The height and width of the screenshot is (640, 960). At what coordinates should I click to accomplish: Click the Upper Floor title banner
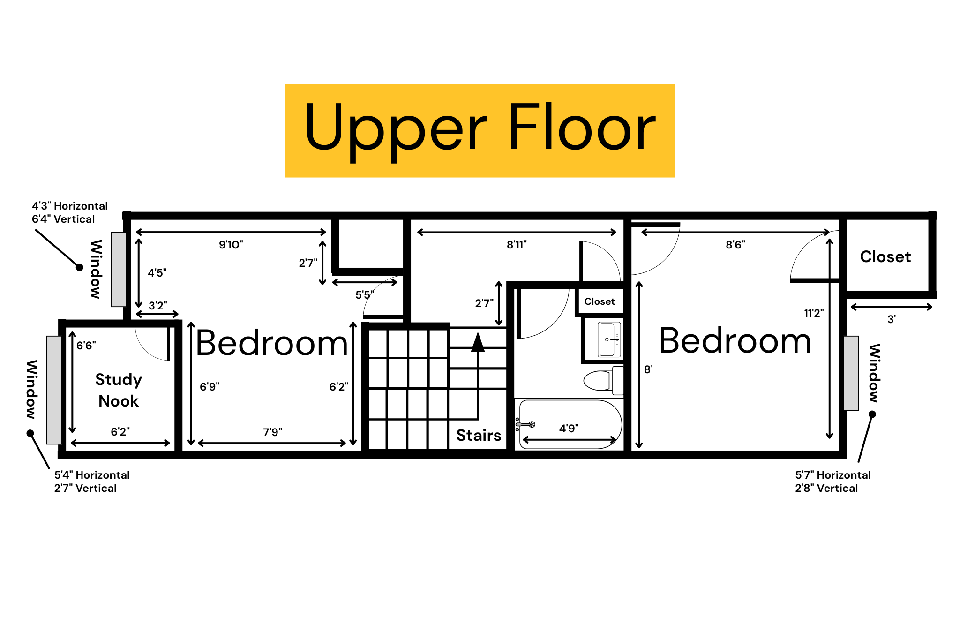(x=480, y=130)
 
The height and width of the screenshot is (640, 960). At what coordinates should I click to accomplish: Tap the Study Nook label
(x=119, y=390)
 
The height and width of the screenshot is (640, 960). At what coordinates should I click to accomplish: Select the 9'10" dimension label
(x=231, y=245)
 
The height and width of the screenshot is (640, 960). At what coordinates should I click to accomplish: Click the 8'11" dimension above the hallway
(x=517, y=245)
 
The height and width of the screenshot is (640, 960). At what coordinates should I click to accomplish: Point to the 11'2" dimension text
(x=814, y=313)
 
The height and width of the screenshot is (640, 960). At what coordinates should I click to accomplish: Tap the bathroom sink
(x=609, y=339)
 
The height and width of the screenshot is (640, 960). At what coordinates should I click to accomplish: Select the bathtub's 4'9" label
(x=569, y=428)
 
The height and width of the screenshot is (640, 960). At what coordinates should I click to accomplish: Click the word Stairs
(x=479, y=435)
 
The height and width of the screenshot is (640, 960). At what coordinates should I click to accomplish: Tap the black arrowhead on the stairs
(x=478, y=342)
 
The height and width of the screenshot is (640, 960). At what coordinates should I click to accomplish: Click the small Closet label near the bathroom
(x=600, y=301)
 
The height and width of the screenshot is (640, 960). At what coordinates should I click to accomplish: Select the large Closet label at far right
(x=885, y=257)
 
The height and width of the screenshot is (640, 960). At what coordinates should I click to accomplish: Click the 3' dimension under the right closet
(x=891, y=319)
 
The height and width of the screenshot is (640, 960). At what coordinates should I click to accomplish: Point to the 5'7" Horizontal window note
(x=832, y=475)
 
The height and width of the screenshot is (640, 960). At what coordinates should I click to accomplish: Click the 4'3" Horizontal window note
(x=70, y=206)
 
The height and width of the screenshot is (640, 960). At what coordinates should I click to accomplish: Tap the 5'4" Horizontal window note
(x=92, y=475)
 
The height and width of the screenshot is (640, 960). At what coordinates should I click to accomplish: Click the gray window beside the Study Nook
(x=54, y=390)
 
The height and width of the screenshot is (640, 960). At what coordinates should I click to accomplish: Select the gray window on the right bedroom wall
(x=851, y=373)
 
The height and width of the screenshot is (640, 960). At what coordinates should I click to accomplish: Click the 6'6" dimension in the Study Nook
(x=86, y=346)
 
